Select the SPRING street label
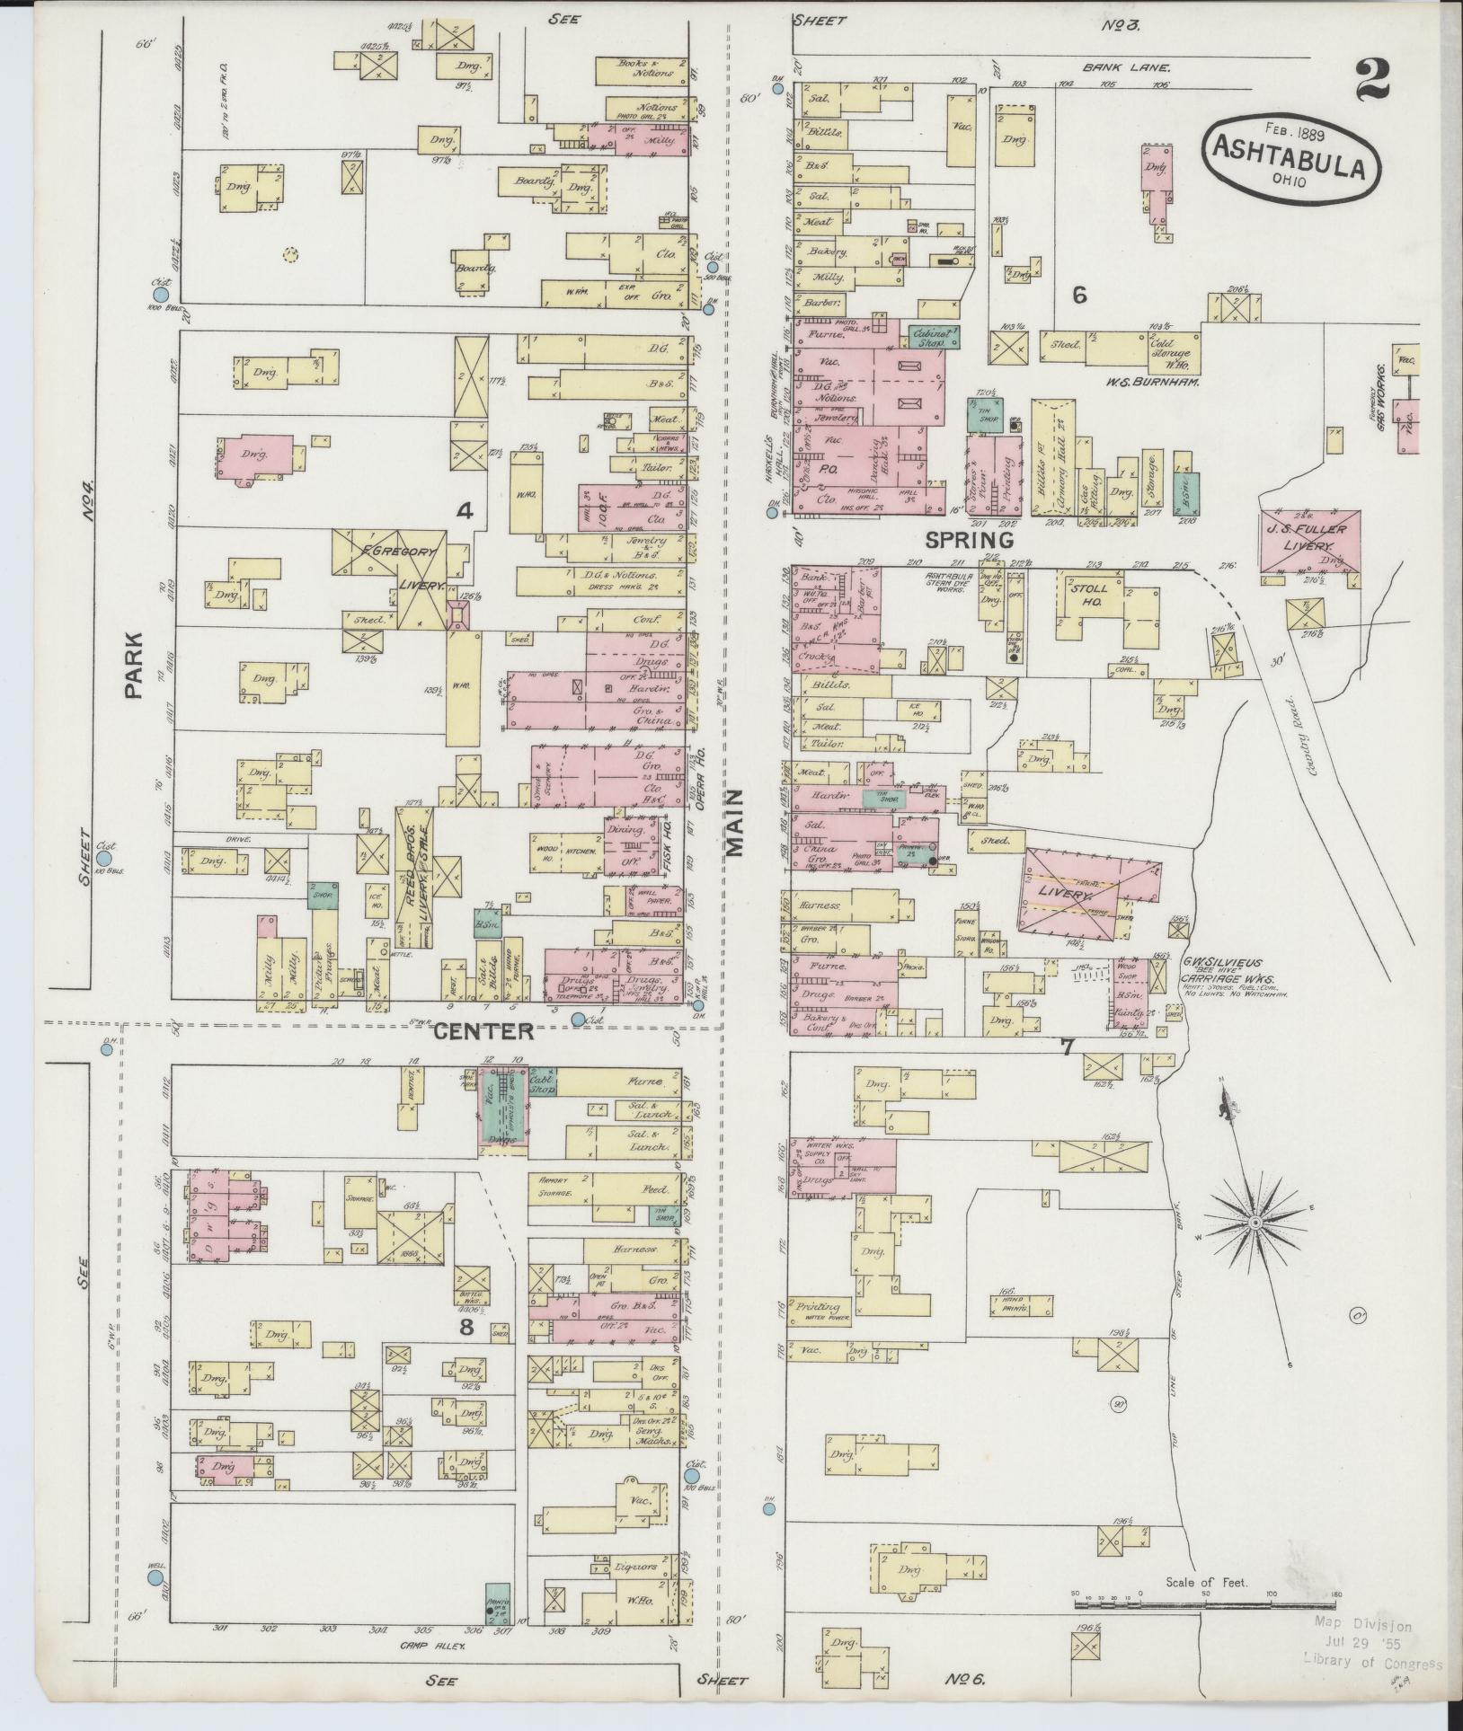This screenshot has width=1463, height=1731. tap(970, 540)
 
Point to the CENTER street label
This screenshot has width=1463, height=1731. tap(484, 1031)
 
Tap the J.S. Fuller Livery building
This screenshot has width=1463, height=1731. tap(1309, 541)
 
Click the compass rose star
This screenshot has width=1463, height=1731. tap(1255, 1224)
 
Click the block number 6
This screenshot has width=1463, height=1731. tap(1078, 295)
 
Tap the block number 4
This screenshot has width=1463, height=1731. tap(464, 512)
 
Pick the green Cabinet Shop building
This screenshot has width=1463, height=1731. tap(933, 336)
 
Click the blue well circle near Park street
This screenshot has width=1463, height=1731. tap(155, 1578)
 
